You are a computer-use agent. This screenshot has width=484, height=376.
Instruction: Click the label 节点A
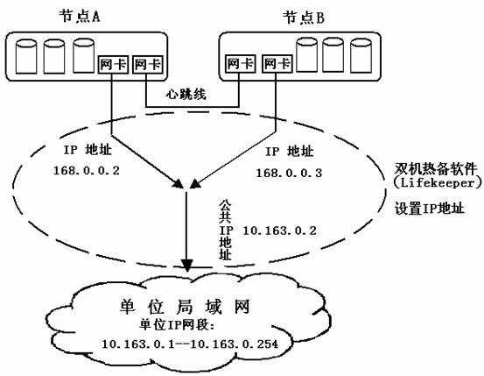[80, 16]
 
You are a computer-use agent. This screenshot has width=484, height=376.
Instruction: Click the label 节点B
[304, 18]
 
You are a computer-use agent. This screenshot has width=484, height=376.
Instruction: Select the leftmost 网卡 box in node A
[113, 64]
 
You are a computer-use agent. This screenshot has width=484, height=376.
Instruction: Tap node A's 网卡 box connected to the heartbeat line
[148, 64]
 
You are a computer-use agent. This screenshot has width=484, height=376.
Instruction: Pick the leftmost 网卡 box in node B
[240, 64]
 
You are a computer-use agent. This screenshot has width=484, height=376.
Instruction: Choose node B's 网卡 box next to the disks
[277, 64]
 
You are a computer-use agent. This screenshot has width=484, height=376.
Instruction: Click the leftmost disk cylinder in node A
[26, 56]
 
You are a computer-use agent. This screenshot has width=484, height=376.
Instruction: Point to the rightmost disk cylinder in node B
[361, 55]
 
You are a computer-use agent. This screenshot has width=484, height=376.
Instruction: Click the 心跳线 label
[186, 95]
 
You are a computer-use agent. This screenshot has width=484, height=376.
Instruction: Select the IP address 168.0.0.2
[87, 171]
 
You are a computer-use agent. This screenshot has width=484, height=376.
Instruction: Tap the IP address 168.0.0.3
[289, 173]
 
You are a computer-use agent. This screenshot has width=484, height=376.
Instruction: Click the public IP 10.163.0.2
[280, 231]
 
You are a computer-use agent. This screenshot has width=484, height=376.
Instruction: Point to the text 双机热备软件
[436, 169]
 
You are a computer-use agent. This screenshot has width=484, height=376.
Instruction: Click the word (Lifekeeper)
[438, 183]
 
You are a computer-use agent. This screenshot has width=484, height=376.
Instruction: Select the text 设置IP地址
[430, 209]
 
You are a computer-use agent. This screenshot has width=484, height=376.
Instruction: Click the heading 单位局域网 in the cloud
[185, 307]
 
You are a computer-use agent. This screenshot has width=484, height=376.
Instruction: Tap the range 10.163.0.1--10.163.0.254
[190, 344]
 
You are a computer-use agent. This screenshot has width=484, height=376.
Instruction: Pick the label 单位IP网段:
[177, 325]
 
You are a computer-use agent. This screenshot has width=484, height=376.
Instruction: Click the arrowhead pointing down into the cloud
[186, 266]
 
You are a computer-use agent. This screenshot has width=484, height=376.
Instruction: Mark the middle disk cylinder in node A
[54, 56]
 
